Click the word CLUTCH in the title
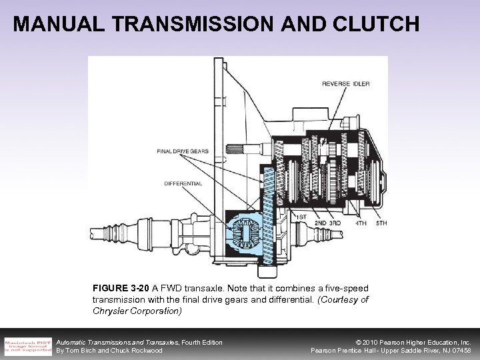[375, 25]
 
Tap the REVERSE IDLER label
[346, 83]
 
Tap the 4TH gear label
[361, 223]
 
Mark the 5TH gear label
[381, 223]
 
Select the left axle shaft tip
[93, 234]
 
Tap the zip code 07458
[459, 350]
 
